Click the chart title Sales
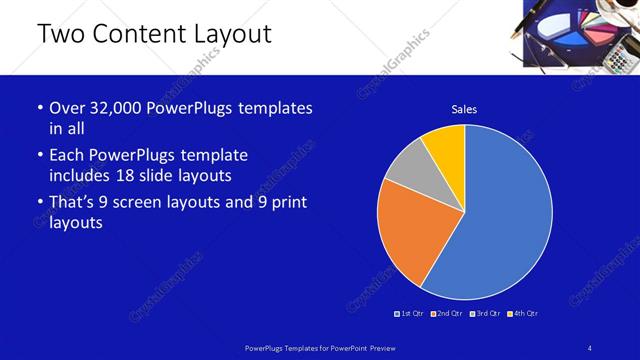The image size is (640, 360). coord(464,109)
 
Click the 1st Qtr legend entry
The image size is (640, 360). coord(410,313)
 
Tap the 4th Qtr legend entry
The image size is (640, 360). coord(523,313)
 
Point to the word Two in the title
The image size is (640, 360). coord(59,34)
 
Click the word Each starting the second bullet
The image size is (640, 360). coord(69,155)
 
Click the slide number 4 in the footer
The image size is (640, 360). coord(590,347)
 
